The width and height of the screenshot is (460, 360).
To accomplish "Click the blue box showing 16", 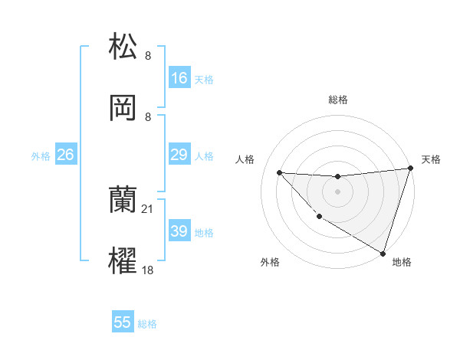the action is [179, 78].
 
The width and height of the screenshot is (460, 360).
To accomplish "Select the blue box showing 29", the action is [179, 155].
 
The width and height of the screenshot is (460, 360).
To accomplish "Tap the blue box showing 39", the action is [179, 231].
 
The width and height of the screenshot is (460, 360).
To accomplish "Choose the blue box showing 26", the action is [65, 155].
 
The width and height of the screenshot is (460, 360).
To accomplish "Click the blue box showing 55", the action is [123, 322].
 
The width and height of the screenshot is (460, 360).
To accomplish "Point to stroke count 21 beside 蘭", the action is [148, 208].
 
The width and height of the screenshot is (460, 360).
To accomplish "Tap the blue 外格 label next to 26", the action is [41, 155].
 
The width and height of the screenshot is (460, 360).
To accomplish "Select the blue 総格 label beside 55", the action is [147, 323].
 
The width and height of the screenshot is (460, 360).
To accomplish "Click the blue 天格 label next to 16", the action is [204, 79].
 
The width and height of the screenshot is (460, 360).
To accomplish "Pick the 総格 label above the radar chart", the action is [337, 100].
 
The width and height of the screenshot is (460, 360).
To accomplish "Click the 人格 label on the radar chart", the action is [246, 159].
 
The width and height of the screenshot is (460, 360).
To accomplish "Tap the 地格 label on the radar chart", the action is [402, 262].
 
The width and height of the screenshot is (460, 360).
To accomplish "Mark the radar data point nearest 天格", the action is [409, 169].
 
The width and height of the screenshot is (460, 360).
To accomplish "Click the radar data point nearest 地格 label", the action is [382, 253].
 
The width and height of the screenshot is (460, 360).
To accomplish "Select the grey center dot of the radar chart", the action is [337, 191].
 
